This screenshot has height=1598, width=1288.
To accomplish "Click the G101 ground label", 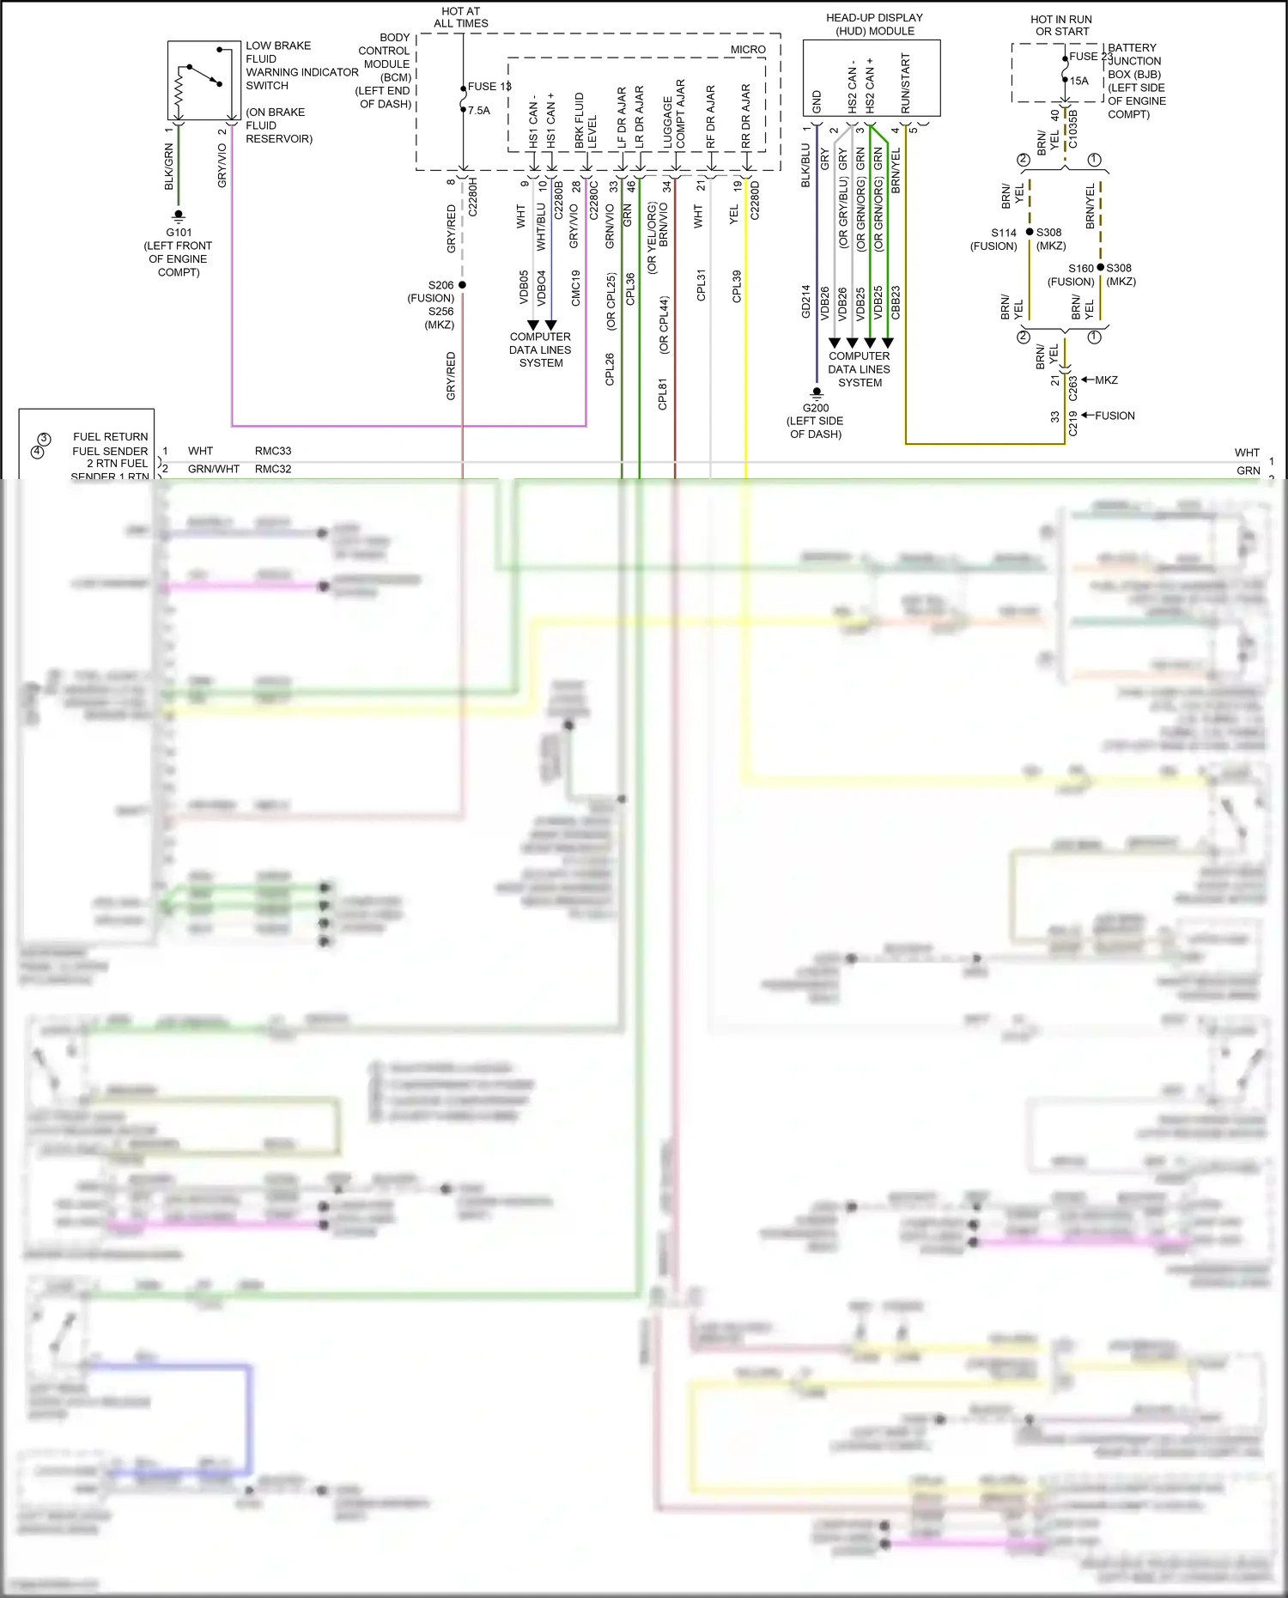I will click(179, 232).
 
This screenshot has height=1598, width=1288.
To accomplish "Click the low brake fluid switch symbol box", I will click(204, 80).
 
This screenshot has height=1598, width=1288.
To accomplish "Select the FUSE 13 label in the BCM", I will click(489, 87).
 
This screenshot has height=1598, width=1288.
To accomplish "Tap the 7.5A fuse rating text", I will click(478, 111).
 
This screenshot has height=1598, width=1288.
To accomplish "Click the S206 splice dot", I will click(462, 285).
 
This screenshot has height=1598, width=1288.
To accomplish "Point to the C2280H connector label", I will click(472, 198).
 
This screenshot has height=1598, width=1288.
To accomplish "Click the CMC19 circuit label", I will click(575, 288).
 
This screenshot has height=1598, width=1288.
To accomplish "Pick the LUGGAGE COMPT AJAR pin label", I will click(674, 114).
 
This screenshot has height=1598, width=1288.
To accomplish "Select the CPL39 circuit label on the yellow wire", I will click(737, 286).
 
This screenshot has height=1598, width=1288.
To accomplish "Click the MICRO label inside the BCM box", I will click(748, 50).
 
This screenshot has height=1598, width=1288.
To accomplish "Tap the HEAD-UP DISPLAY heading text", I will click(874, 18).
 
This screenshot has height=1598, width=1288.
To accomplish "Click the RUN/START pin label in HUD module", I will click(905, 83).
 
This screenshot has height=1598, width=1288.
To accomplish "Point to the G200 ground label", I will click(816, 408).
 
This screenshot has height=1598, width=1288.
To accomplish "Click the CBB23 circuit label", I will click(896, 302).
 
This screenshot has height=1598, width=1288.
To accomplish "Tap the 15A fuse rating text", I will click(1079, 81).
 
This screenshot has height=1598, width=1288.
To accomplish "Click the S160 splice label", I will click(1081, 269).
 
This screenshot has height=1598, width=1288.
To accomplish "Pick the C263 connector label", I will click(1072, 387).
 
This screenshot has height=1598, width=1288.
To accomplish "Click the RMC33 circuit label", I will click(273, 451).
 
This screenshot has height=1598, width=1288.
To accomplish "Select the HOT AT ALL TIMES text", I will click(461, 17).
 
